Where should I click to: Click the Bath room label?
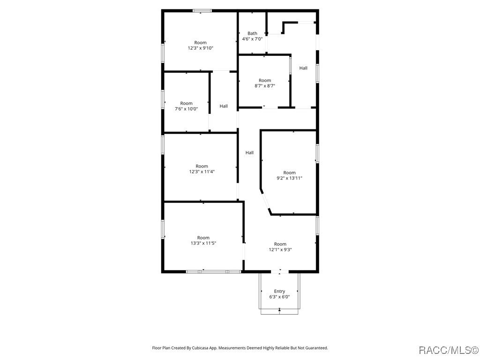[x=252, y=33]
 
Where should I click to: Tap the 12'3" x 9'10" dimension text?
[x=201, y=48]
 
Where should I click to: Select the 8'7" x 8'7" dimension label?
[x=265, y=86]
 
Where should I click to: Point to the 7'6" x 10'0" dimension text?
[x=186, y=109]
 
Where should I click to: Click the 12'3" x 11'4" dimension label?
[x=202, y=172]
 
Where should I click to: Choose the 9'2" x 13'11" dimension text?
[x=289, y=178]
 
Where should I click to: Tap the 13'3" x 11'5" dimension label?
[x=203, y=243]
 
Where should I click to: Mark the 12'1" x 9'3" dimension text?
[x=280, y=249]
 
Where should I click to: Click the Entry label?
[x=279, y=291]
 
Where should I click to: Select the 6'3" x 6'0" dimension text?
[x=279, y=297]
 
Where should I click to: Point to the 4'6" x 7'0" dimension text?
[x=252, y=39]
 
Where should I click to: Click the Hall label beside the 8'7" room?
[x=303, y=68]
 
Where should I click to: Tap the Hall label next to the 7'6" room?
[x=224, y=106]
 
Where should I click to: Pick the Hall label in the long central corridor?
[x=249, y=152]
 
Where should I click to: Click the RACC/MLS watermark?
[x=448, y=350]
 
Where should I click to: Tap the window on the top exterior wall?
[x=202, y=10]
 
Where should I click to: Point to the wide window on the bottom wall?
[x=214, y=271]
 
